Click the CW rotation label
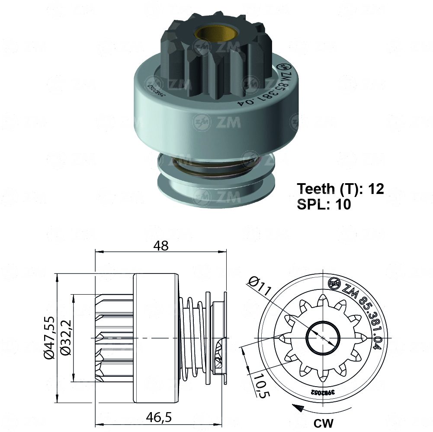click(324, 422)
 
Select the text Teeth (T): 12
click(340, 189)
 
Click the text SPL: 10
click(324, 204)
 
